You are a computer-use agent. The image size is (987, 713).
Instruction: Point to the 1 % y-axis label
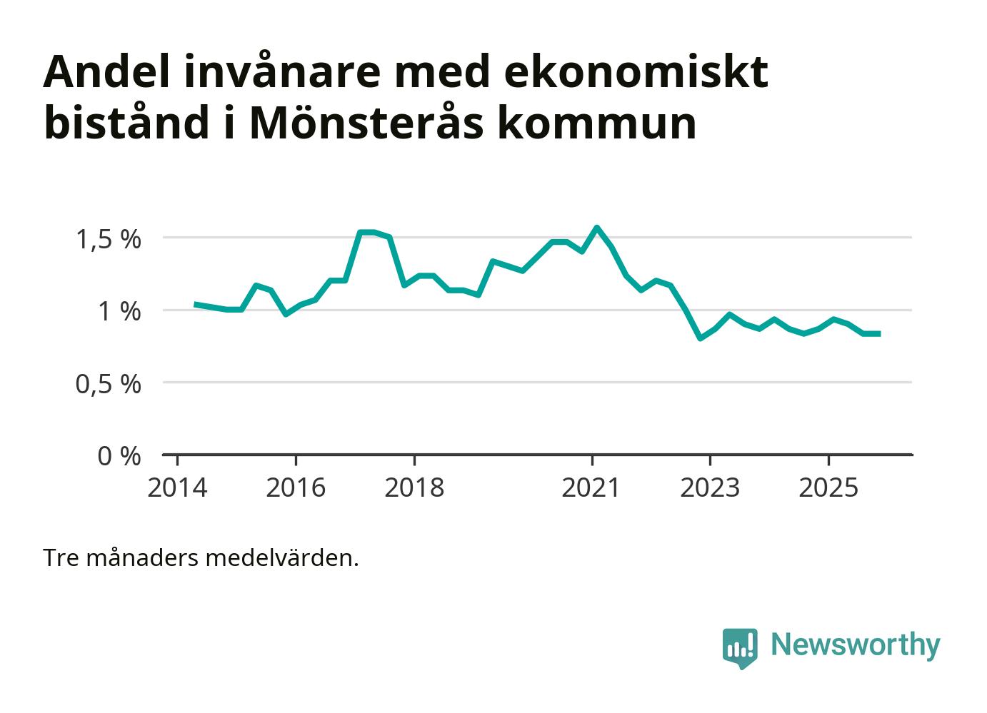pyautogui.click(x=119, y=311)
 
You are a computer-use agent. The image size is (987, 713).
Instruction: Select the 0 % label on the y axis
pyautogui.click(x=119, y=456)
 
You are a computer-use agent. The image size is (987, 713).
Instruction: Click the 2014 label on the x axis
pyautogui.click(x=177, y=488)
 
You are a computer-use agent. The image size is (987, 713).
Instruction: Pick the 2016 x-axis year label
pyautogui.click(x=296, y=488)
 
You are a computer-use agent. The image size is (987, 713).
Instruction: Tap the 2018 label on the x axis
pyautogui.click(x=414, y=488)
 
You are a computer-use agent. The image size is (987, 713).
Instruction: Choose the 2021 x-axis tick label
pyautogui.click(x=591, y=488)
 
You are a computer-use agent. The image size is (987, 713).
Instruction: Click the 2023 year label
pyautogui.click(x=710, y=488)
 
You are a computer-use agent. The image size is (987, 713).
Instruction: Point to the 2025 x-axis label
pyautogui.click(x=828, y=488)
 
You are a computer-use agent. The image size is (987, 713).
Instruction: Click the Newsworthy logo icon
pyautogui.click(x=740, y=647)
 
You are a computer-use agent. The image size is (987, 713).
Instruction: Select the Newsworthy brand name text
pyautogui.click(x=855, y=644)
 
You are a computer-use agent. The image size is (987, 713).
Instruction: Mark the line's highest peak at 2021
pyautogui.click(x=597, y=228)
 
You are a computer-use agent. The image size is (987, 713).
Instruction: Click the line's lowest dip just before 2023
pyautogui.click(x=701, y=338)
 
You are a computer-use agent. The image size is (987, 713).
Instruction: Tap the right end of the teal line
pyautogui.click(x=879, y=333)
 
